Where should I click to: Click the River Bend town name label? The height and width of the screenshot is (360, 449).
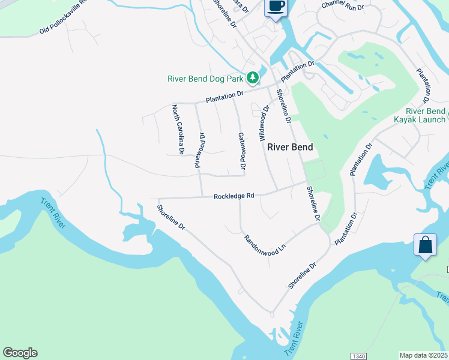(x=290, y=147)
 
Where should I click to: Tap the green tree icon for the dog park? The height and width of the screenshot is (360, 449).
(x=253, y=77)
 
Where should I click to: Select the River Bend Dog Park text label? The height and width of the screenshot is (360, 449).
(x=205, y=79)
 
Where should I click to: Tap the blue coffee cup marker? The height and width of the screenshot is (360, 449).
(x=276, y=7)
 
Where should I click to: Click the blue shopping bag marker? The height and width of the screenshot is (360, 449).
(x=425, y=245)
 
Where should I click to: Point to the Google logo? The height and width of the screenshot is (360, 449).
(x=20, y=353)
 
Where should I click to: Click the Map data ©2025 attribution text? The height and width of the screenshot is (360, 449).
(x=424, y=355)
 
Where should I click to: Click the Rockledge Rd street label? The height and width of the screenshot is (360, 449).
(x=235, y=196)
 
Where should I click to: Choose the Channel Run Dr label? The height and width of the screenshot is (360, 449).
(x=343, y=7)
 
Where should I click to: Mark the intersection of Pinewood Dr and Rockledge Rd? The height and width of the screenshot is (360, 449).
(x=201, y=197)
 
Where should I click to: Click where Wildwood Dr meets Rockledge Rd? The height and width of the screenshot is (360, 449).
(x=277, y=191)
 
